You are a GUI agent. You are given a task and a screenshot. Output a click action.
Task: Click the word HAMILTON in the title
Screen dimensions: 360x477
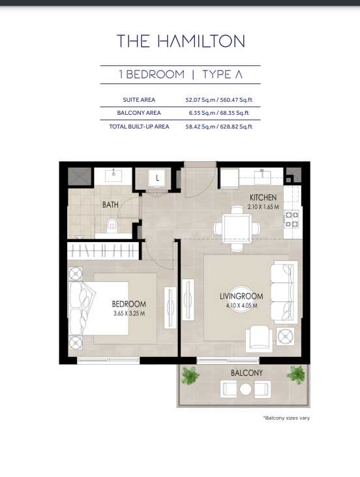coord(201,41)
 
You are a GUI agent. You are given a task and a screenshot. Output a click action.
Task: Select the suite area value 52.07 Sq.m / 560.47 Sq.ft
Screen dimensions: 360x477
coord(219,100)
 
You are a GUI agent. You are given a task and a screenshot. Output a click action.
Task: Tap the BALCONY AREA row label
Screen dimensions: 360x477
coord(139,113)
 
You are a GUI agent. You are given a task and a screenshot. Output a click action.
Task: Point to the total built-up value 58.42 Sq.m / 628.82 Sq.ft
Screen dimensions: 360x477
coord(219,127)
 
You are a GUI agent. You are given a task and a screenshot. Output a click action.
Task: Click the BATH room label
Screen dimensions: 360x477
coord(110,205)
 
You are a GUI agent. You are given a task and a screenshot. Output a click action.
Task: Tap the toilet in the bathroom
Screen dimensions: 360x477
coord(112,226)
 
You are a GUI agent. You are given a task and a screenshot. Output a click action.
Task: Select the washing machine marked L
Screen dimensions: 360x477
coord(157,178)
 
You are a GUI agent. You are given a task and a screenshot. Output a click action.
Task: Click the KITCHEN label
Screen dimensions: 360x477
coord(263,198)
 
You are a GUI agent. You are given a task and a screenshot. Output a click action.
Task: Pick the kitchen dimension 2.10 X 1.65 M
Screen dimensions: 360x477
coord(263,207)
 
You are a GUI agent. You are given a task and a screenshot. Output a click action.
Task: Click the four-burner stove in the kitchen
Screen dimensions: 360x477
coord(292,220)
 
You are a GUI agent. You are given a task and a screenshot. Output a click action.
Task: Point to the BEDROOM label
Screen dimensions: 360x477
coord(129,304)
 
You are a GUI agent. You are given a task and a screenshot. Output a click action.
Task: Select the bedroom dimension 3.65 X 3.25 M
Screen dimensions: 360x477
coord(129,313)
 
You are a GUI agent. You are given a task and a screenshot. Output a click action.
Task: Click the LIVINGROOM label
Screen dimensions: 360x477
coord(241,296)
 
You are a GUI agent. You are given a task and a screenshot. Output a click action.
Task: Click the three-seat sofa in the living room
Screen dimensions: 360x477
coord(284,292)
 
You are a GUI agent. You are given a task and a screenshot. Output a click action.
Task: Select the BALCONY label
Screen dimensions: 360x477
coord(247,373)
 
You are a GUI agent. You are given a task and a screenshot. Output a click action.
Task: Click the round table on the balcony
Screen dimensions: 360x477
coord(245,389)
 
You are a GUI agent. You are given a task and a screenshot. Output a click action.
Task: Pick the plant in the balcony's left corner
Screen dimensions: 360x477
coord(190,375)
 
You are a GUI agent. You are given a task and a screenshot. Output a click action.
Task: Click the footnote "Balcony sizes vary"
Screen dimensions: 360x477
coord(286,418)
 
